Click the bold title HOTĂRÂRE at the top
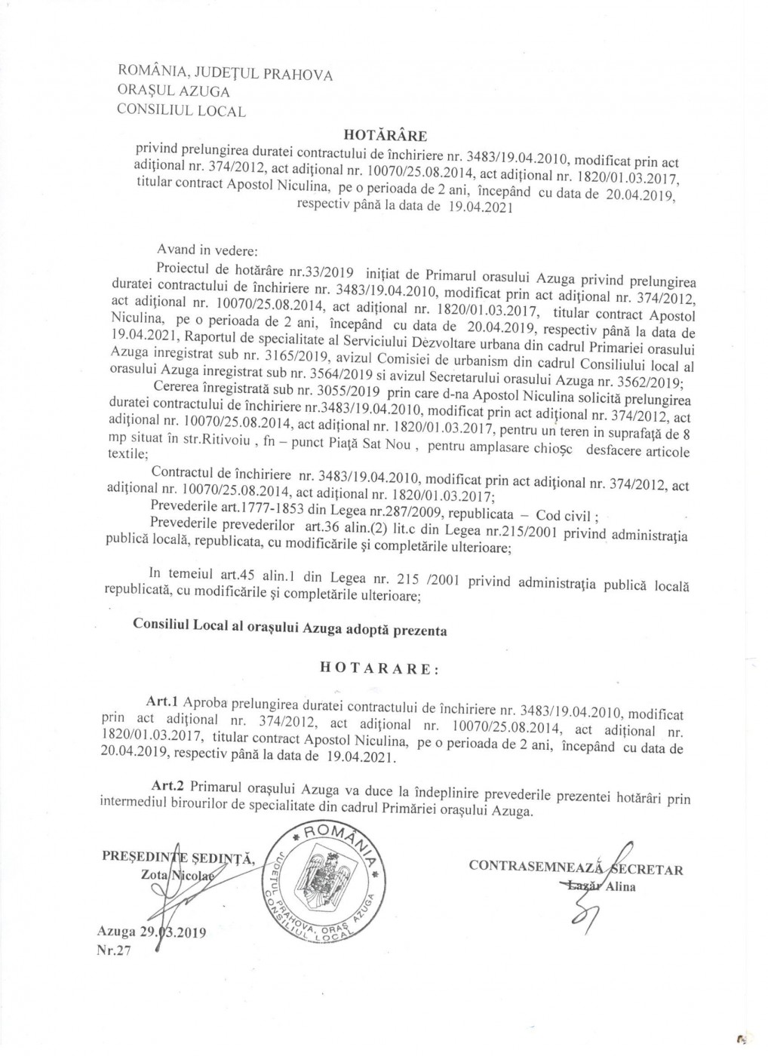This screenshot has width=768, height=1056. tap(386, 136)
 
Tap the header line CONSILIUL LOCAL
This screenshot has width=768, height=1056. tap(181, 111)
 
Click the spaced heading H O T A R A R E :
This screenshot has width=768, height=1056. tap(377, 668)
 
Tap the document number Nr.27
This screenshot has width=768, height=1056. tap(114, 950)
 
